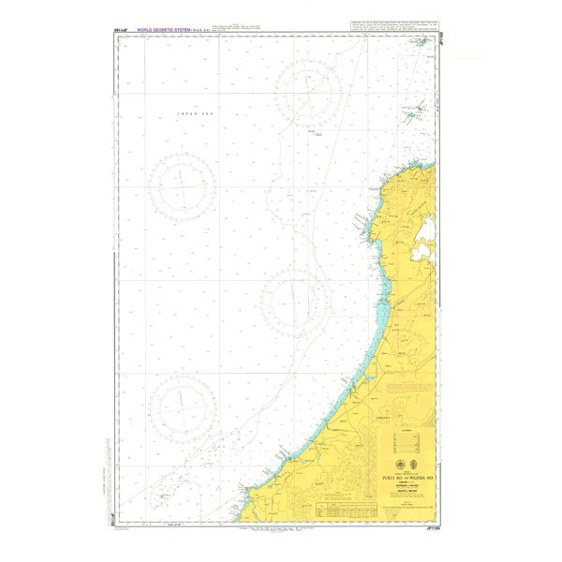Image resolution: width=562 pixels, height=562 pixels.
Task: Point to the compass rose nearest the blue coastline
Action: click(289, 297)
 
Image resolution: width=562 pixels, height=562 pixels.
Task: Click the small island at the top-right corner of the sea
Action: click(421, 41)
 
